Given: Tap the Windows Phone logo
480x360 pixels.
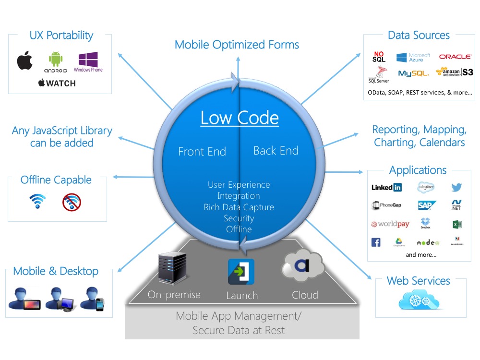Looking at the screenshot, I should (88, 62).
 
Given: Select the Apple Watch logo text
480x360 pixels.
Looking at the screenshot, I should (57, 83).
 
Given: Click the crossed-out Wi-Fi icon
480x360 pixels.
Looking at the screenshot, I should (72, 202).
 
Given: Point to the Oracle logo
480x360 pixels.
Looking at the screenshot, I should (455, 57).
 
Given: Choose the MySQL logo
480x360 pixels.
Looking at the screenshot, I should (413, 73).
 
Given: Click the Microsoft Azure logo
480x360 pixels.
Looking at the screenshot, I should (413, 58).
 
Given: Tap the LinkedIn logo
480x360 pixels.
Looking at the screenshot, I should (386, 187).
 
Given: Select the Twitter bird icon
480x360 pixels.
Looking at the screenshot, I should (456, 187).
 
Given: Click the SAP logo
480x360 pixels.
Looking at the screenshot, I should (426, 205).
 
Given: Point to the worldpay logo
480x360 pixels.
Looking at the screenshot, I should (390, 224).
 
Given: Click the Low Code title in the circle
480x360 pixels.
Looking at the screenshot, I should (239, 118).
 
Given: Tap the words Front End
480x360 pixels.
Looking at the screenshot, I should (202, 152).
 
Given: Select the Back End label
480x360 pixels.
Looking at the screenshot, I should (276, 151).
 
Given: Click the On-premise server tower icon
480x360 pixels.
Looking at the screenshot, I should (171, 269).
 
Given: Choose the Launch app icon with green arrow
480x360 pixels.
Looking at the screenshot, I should (241, 272).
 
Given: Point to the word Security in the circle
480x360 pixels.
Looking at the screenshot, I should (239, 218).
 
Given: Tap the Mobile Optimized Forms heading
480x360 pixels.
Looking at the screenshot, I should (237, 45).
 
